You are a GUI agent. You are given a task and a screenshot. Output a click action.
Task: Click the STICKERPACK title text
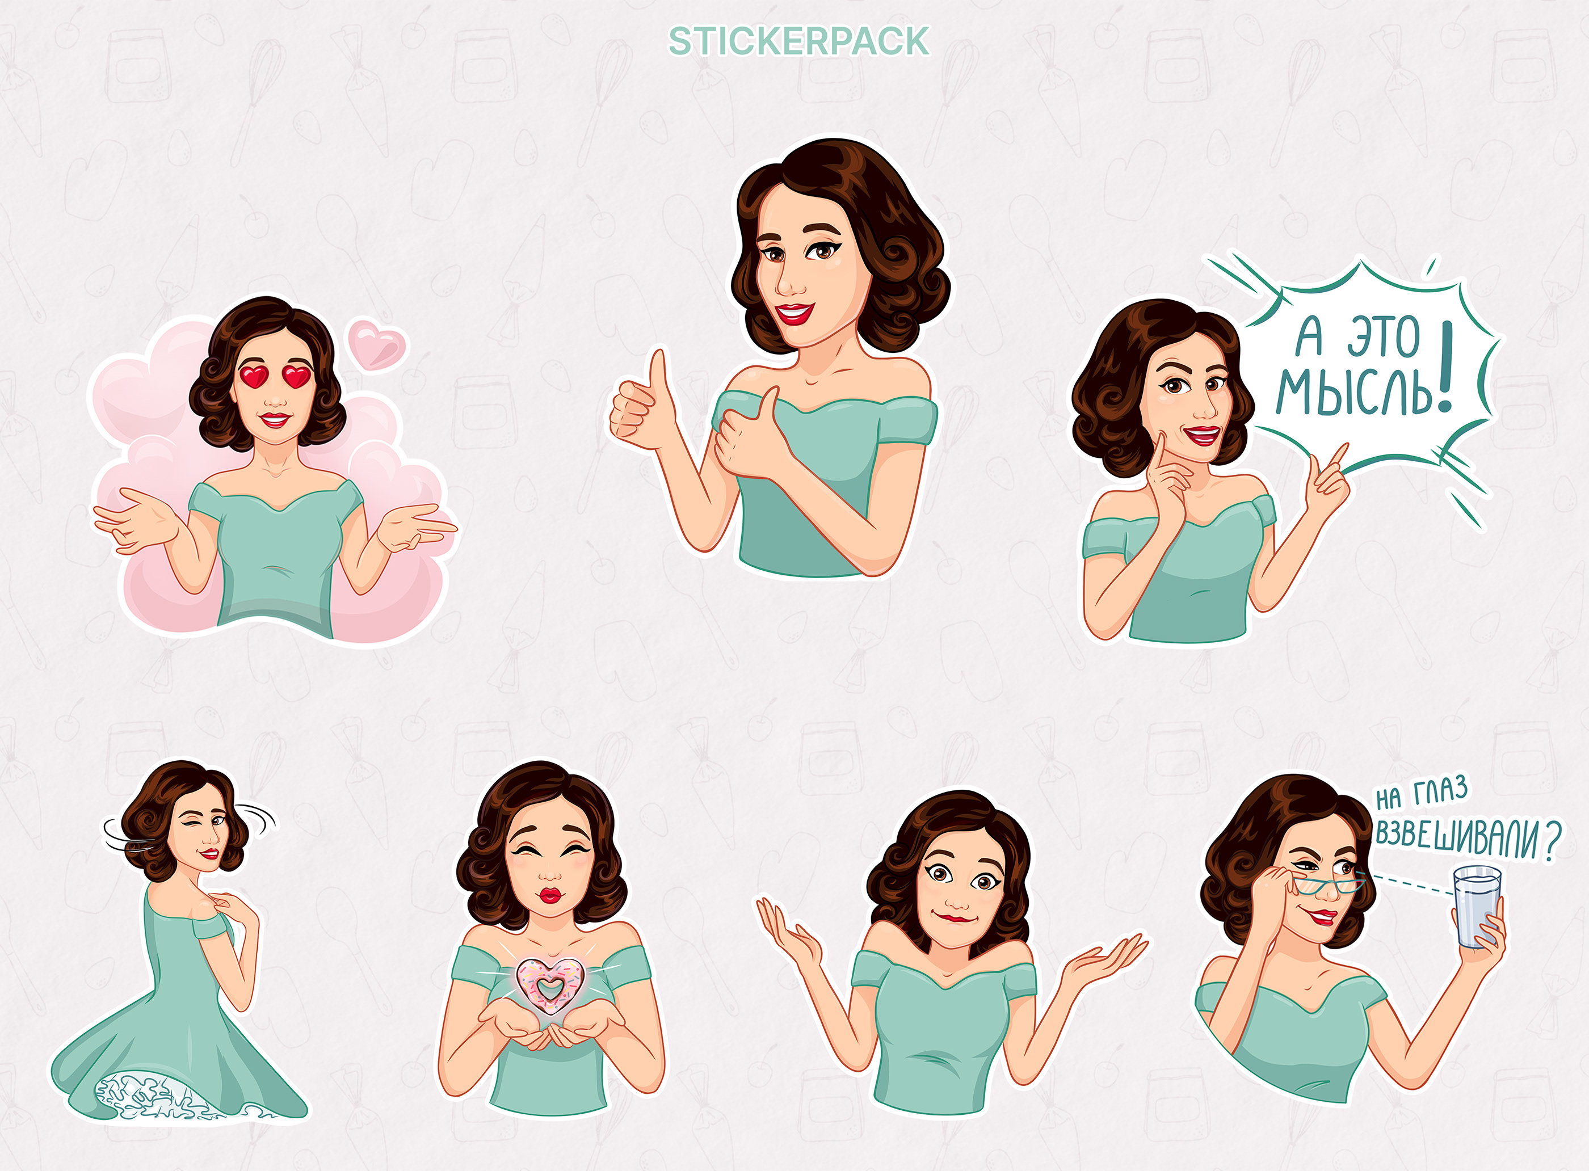[x=798, y=41]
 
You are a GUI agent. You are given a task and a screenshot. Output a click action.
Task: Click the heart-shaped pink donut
[x=549, y=984]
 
